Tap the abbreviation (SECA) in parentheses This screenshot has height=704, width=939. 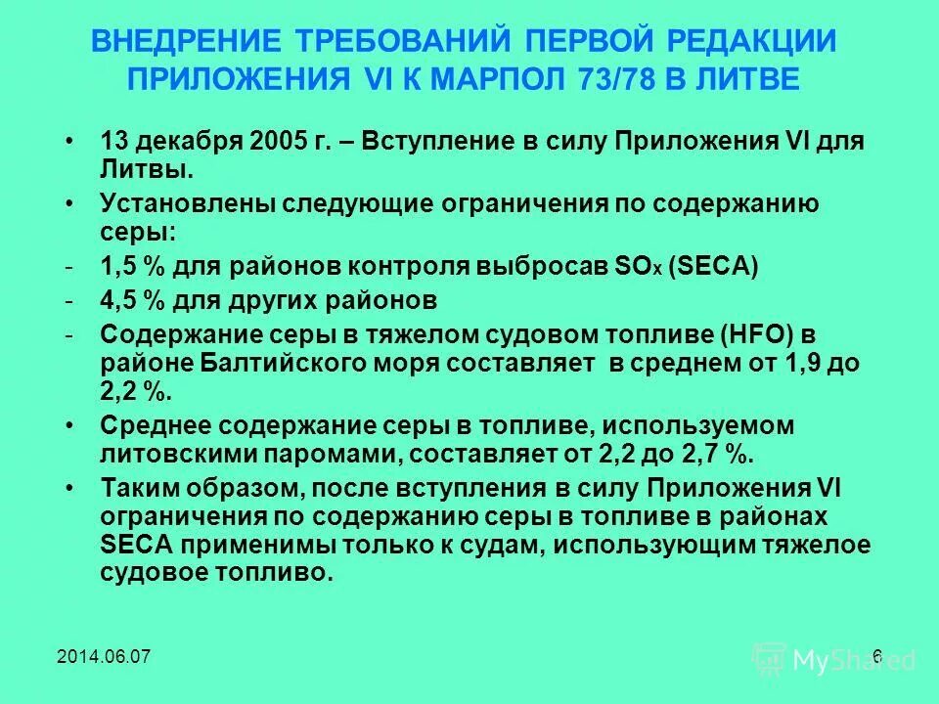714,268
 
